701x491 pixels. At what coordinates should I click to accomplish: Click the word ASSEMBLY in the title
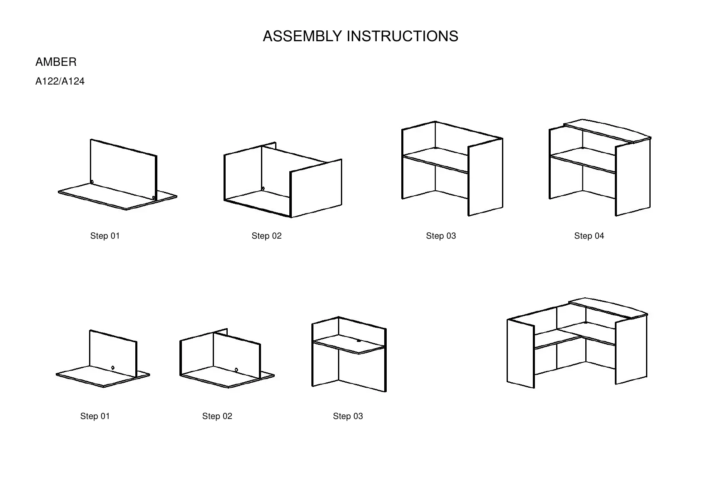[x=303, y=37]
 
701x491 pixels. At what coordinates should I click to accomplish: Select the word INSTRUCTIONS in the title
[x=403, y=37]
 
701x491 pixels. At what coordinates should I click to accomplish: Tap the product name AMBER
[x=56, y=62]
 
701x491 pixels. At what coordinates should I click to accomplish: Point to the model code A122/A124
[x=60, y=82]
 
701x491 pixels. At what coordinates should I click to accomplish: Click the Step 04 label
[x=589, y=236]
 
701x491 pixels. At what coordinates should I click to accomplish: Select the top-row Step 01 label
[x=105, y=236]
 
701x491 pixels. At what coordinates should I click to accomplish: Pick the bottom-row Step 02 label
[x=217, y=416]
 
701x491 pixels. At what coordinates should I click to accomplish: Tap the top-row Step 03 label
[x=441, y=236]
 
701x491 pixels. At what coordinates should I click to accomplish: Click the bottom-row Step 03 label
[x=348, y=416]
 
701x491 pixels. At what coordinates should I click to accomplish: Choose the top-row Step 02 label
[x=266, y=236]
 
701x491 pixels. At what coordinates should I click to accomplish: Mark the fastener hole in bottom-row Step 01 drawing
[x=113, y=368]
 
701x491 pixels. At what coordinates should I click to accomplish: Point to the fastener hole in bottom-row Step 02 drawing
[x=236, y=370]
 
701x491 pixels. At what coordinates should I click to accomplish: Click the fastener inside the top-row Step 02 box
[x=263, y=189]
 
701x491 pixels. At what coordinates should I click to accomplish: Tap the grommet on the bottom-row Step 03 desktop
[x=359, y=341]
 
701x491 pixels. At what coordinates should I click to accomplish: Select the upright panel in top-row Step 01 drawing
[x=123, y=169]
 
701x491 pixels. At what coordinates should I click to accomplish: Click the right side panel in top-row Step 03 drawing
[x=485, y=177]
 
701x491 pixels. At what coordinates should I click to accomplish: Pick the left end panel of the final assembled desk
[x=520, y=354]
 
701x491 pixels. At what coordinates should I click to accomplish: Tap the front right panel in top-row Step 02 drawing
[x=316, y=187]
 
